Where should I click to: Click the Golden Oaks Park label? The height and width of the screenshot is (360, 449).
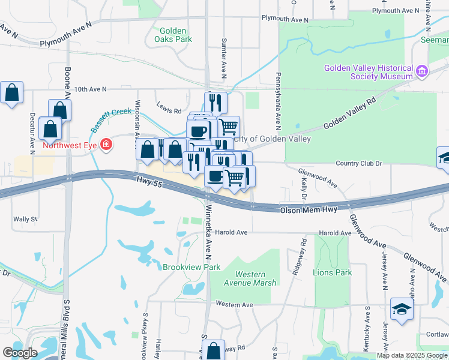click(x=176, y=35)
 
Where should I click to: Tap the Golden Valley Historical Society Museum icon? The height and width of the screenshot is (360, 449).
click(x=421, y=72)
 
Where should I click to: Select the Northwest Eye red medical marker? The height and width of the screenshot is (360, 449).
click(x=106, y=144)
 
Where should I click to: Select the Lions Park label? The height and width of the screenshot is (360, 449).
click(x=332, y=272)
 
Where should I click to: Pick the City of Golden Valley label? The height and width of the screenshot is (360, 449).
click(x=276, y=139)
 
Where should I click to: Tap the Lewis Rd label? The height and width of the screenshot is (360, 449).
click(x=169, y=110)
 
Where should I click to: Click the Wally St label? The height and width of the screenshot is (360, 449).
click(x=25, y=219)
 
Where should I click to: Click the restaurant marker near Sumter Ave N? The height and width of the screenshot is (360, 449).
click(x=215, y=103)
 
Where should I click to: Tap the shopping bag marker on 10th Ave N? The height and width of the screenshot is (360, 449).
click(x=11, y=93)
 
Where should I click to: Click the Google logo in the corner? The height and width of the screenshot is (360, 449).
click(x=20, y=353)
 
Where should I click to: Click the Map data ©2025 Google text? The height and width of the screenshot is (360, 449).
click(x=411, y=355)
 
